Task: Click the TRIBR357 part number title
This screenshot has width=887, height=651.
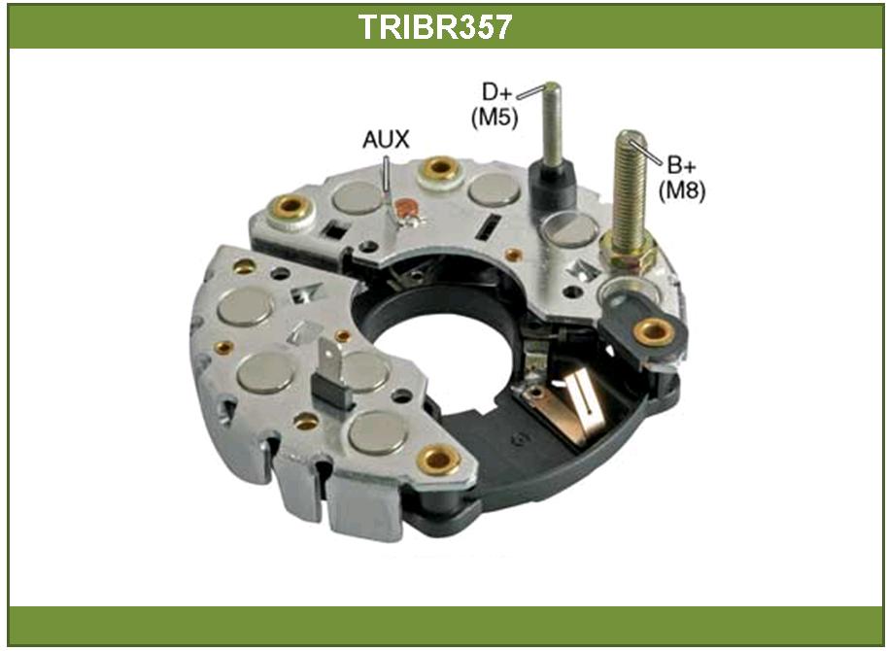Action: click(435, 26)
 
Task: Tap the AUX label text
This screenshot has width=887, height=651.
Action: click(386, 140)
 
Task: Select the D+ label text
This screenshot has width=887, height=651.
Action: click(496, 91)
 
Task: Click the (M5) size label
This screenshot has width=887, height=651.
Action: click(495, 117)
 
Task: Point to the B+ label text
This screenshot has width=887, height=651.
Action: click(682, 165)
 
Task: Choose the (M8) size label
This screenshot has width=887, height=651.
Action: click(682, 190)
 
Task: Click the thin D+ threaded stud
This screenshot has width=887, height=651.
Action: click(552, 123)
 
